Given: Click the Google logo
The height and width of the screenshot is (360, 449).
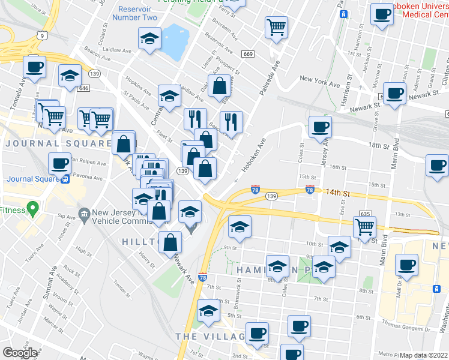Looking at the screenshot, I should point(20,353).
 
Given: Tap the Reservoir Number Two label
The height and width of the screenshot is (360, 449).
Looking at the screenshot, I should point(138,13).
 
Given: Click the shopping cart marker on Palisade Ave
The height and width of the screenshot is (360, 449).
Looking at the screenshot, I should point(276,26).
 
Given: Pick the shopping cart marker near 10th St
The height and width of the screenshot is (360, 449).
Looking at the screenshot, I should point(364,226).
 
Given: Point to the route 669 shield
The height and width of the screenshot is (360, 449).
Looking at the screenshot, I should point(248,55).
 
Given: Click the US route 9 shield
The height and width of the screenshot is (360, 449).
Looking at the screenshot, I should point(41,35).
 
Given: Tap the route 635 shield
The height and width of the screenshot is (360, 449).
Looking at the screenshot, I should point(364,213).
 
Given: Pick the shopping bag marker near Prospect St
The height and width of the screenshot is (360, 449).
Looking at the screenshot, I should point(219,86).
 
